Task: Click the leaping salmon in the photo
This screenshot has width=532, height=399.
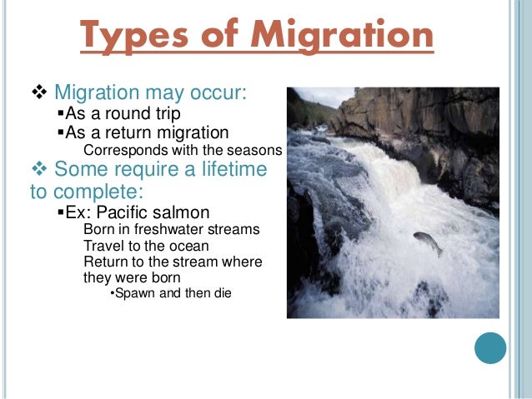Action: tap(429, 242)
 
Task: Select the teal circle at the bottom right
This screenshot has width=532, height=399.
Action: tap(490, 349)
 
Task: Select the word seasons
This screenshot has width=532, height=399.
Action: tap(258, 150)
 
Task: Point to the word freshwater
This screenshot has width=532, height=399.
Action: tap(163, 229)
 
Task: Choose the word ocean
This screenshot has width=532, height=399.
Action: tap(188, 246)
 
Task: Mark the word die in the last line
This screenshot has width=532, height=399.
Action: tap(222, 294)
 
